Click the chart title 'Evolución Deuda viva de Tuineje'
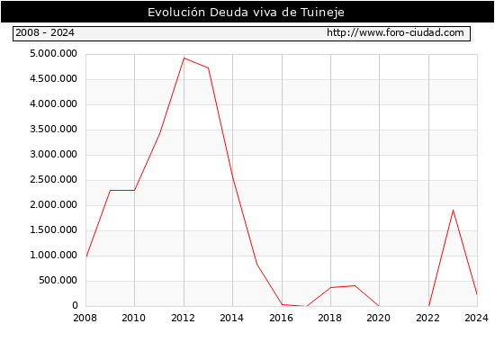click(x=246, y=13)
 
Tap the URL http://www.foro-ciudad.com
click(x=395, y=32)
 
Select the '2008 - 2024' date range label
click(x=45, y=32)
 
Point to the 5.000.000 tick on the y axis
click(x=53, y=54)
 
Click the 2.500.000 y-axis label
click(x=53, y=180)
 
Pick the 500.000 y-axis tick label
click(x=58, y=281)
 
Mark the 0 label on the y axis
click(x=75, y=305)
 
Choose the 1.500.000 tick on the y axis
click(x=53, y=229)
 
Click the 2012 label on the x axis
click(x=183, y=318)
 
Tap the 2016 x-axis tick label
click(x=282, y=318)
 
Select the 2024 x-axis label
click(x=476, y=318)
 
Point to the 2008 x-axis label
click(x=85, y=318)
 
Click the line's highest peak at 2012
click(x=184, y=58)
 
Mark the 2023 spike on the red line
click(x=453, y=210)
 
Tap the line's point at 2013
click(x=209, y=67)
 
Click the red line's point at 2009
click(x=110, y=190)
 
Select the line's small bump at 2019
click(x=355, y=286)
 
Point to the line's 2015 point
click(x=257, y=265)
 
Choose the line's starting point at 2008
click(x=86, y=256)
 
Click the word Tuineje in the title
click(x=322, y=13)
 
